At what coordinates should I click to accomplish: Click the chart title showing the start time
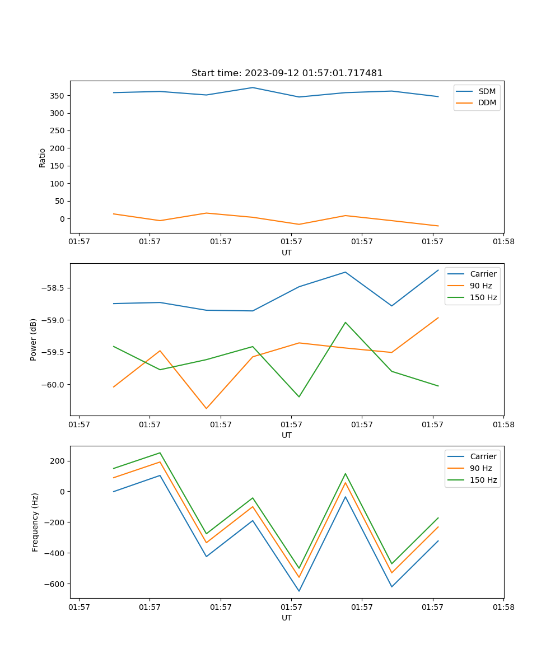pyautogui.click(x=287, y=73)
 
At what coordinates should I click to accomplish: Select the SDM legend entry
pyautogui.click(x=487, y=91)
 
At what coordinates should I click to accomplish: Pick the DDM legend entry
pyautogui.click(x=487, y=102)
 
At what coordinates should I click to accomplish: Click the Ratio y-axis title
pyautogui.click(x=43, y=157)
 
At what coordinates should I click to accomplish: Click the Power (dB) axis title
pyautogui.click(x=34, y=339)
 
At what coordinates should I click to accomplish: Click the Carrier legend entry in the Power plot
pyautogui.click(x=483, y=274)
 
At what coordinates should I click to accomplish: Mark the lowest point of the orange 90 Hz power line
pyautogui.click(x=206, y=408)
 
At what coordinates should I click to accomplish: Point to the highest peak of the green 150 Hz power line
pyautogui.click(x=345, y=323)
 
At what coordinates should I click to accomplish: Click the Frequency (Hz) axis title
pyautogui.click(x=35, y=522)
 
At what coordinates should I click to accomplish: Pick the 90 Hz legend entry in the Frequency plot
pyautogui.click(x=480, y=468)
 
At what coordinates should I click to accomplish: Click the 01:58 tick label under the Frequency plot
pyautogui.click(x=503, y=606)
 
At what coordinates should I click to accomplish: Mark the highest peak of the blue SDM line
pyautogui.click(x=253, y=87)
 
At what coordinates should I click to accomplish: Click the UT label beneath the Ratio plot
pyautogui.click(x=287, y=253)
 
